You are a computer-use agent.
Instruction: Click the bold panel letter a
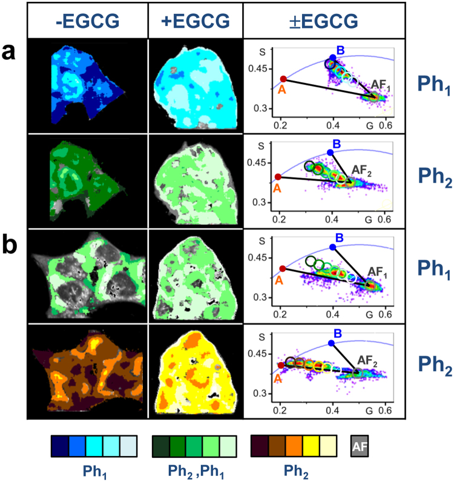coord(10,53)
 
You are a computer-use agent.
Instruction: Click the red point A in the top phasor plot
coord(283,79)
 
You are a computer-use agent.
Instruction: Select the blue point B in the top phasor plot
coord(333,58)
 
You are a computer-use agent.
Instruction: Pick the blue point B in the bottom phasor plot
coord(331,343)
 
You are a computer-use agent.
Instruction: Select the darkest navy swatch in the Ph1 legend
coord(59,447)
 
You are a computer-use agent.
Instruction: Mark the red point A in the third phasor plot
coord(281,268)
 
